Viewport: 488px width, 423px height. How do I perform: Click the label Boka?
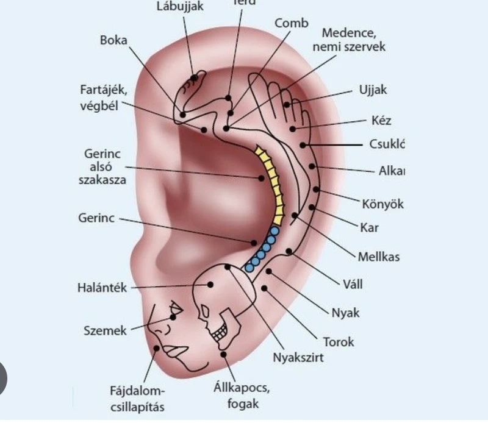pos(113,41)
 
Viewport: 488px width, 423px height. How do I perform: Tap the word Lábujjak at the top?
pos(180,7)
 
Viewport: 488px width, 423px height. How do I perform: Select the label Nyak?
pos(345,313)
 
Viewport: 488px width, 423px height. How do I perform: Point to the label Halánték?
pos(102,288)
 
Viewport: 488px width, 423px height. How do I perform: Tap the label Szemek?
pos(105,331)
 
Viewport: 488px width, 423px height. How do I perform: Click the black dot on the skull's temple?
pos(210,284)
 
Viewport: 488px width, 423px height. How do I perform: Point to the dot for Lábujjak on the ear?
pos(195,77)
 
